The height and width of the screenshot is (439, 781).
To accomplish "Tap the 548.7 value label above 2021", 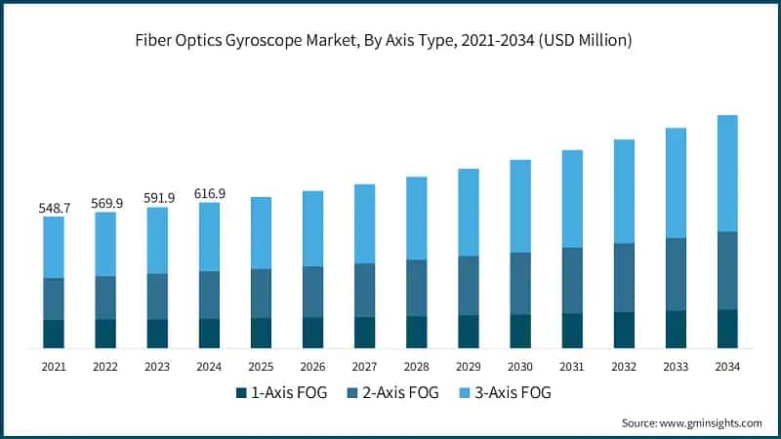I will tap(54, 208).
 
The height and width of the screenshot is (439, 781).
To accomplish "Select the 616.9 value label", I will tap(209, 194).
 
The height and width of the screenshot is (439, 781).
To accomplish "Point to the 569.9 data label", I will tap(105, 203).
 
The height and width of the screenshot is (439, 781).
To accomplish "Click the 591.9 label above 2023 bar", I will tap(157, 199).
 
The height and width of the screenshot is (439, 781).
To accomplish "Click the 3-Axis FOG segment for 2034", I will tap(727, 173).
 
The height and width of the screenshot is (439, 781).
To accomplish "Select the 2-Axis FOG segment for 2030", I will tap(520, 283).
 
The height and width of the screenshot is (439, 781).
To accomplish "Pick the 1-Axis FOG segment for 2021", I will tap(54, 334).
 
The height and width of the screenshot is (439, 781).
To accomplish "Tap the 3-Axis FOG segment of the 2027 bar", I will tap(365, 223).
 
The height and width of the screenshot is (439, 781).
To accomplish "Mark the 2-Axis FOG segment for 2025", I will tap(261, 293).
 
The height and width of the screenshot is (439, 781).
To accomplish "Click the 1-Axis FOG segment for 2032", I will tap(624, 330).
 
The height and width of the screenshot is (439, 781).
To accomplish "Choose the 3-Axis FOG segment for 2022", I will tap(105, 244).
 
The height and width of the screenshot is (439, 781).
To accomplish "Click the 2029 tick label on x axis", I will tap(469, 367).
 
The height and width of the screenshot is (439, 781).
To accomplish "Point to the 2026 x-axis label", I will tap(312, 367).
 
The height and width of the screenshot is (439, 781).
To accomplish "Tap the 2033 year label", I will tap(676, 367).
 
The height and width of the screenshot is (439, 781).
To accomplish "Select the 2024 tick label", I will tap(209, 367).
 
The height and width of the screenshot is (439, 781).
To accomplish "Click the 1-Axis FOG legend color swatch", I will tap(241, 393).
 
